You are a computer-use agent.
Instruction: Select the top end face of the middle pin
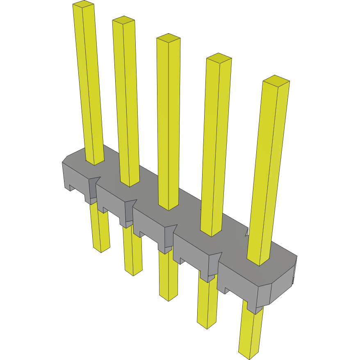click(169, 38)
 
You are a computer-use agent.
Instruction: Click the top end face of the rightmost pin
click(276, 80)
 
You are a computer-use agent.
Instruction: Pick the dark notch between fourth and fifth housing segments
click(214, 267)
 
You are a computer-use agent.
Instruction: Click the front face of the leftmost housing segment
click(76, 176)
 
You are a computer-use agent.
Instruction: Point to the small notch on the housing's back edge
click(247, 232)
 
